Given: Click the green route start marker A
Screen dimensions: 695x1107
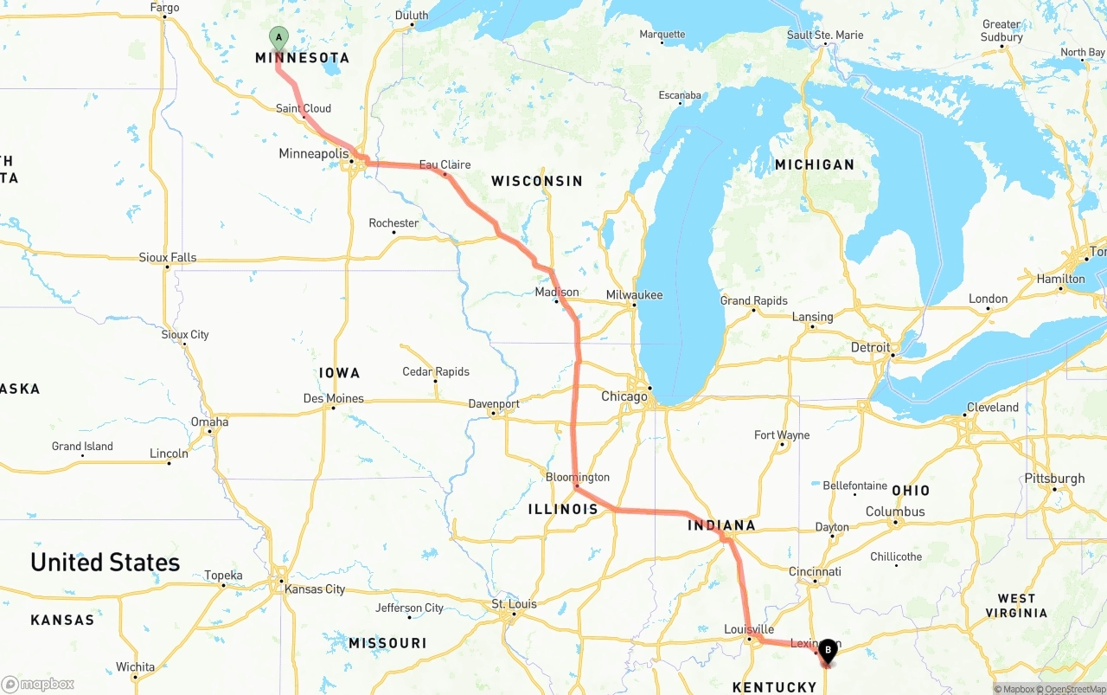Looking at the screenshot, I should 278,37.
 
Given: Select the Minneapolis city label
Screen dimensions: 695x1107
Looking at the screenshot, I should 313,153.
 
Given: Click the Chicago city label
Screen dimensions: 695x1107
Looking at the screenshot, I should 624,396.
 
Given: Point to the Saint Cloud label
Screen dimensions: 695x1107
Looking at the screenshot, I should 304,108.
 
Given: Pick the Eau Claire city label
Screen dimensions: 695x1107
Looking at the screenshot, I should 445,164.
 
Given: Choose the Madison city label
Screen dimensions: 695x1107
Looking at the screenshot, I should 557,293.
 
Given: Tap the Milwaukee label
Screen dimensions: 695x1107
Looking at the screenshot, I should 634,295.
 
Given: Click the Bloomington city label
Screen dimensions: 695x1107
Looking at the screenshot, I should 578,477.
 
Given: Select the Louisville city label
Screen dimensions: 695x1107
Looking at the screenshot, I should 750,629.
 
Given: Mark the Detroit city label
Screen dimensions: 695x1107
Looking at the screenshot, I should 870,347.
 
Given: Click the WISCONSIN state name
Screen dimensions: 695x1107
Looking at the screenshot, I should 537,181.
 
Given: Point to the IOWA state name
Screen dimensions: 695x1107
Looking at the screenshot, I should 339,373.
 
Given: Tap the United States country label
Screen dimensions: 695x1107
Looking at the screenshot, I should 106,563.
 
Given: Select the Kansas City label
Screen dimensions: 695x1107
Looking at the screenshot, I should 315,589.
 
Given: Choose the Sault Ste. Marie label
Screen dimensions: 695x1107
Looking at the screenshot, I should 825,35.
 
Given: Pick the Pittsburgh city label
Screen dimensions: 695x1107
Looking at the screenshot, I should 1054,479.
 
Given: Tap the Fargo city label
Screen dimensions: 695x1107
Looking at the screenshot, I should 164,8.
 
